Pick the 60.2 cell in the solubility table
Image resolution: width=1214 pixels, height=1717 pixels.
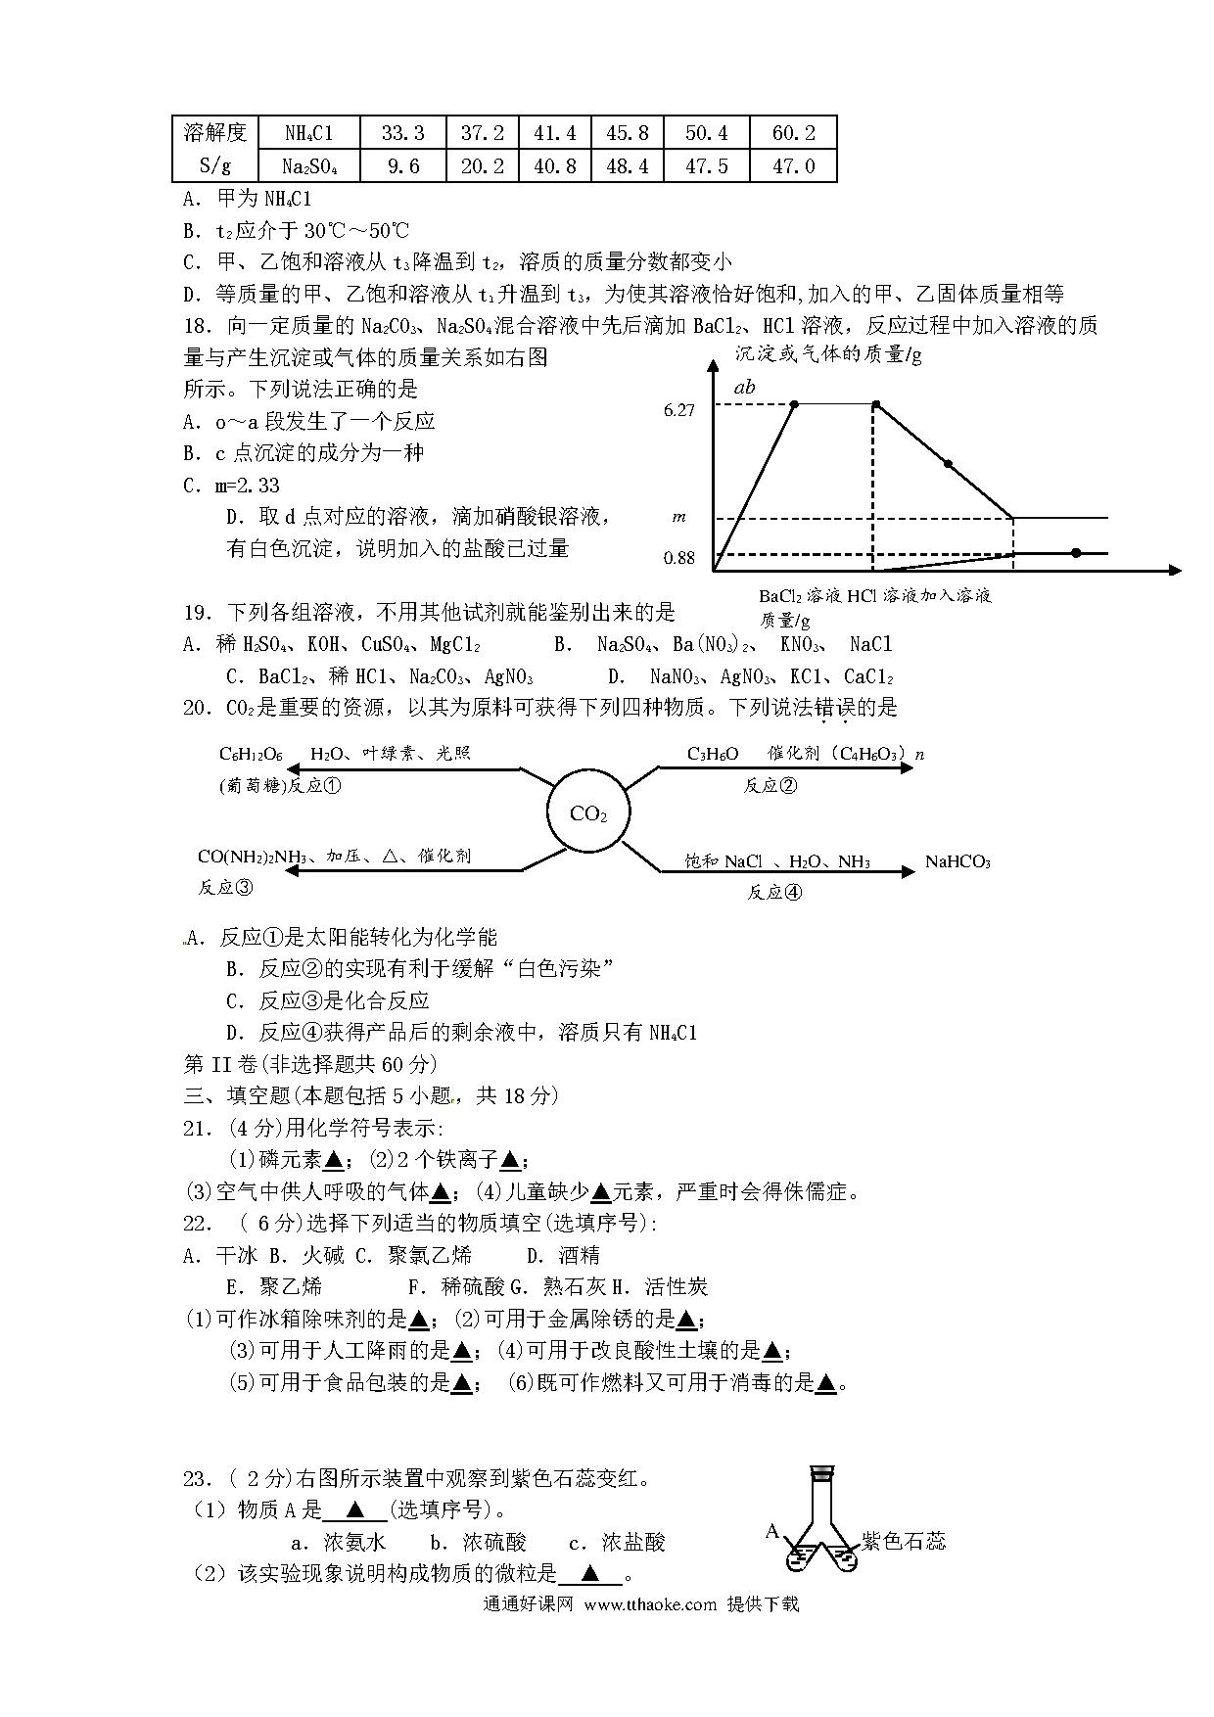[793, 133]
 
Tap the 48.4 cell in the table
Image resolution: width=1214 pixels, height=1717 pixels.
[628, 166]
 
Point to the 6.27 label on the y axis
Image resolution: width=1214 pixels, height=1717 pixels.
[678, 410]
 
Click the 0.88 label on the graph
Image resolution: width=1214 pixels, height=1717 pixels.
[678, 558]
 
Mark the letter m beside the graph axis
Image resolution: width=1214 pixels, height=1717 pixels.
[678, 516]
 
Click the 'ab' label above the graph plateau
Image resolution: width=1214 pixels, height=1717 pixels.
[744, 387]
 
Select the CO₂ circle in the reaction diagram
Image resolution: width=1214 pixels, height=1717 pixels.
[587, 813]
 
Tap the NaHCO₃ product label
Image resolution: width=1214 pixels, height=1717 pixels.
[957, 862]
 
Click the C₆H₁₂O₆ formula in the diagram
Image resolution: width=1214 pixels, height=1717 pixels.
[251, 754]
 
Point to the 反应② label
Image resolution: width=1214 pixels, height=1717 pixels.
[770, 785]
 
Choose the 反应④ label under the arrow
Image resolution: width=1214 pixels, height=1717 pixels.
[774, 892]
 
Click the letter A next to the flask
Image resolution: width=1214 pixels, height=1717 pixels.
[771, 1530]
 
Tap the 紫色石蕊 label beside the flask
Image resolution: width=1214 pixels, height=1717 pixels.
[903, 1541]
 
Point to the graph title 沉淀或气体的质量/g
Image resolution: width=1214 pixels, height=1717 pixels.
[828, 354]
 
